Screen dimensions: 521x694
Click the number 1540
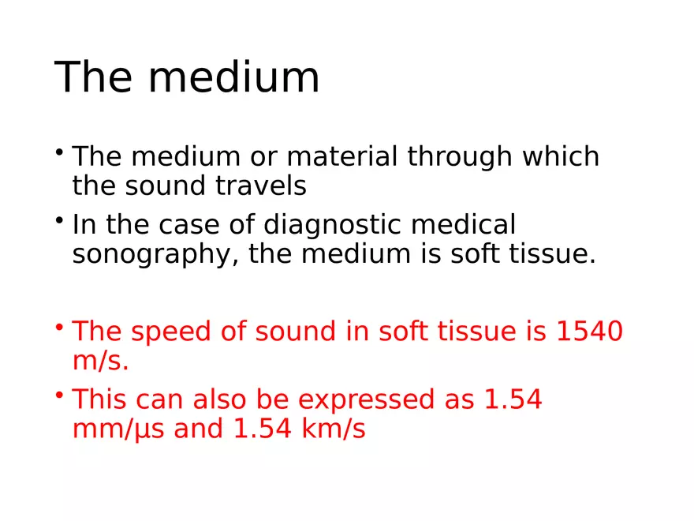tap(590, 331)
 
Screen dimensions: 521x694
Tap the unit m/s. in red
tap(100, 362)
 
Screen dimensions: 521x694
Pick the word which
tap(561, 157)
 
